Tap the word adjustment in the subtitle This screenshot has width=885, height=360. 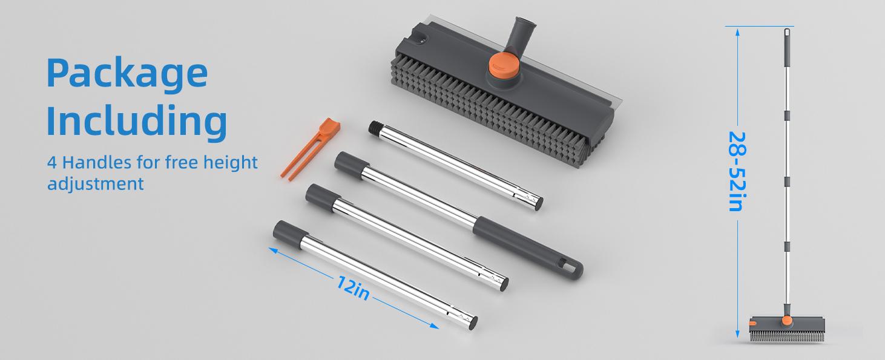(x=96, y=183)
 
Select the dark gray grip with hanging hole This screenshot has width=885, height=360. (x=527, y=246)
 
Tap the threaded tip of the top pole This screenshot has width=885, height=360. (x=375, y=128)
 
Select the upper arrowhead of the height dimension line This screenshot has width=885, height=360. (x=736, y=32)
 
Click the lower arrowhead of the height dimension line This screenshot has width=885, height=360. (x=736, y=333)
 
